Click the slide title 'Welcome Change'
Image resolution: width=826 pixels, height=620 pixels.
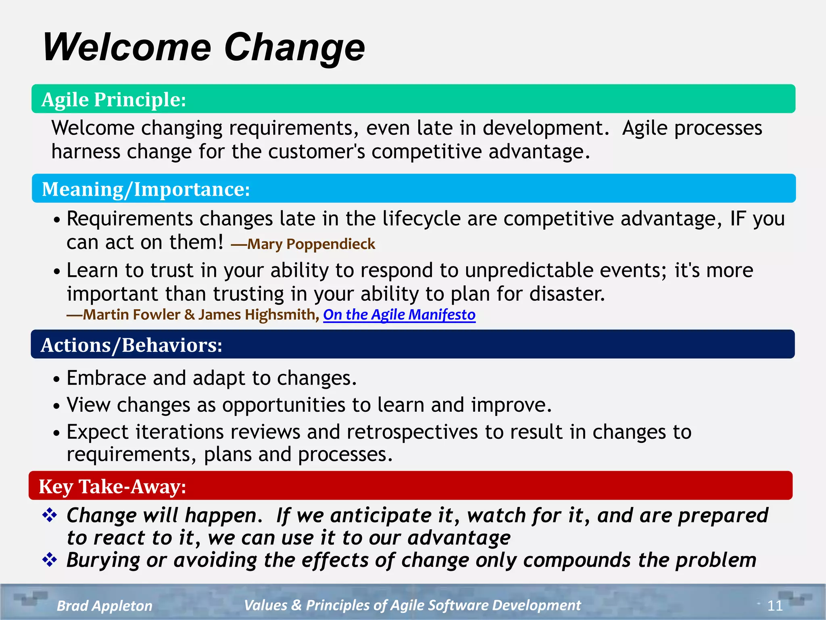204,48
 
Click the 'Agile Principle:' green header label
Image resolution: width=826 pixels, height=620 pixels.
114,99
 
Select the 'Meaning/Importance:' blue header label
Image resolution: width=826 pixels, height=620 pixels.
146,189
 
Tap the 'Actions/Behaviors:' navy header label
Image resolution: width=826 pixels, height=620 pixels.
131,345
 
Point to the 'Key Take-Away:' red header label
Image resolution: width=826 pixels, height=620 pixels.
113,486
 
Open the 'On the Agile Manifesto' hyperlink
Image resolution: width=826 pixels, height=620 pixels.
399,314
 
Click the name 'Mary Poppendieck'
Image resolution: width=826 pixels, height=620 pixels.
311,244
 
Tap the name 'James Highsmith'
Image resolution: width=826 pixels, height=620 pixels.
257,314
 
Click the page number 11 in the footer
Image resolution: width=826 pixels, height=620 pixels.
775,605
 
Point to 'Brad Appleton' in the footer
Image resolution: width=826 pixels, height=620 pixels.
104,605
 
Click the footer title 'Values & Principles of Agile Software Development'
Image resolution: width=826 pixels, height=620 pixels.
412,605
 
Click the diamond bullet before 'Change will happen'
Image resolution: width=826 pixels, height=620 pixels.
50,515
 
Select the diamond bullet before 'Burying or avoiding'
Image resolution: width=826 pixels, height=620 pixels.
50,560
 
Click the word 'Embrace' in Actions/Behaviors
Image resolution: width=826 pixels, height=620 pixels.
106,378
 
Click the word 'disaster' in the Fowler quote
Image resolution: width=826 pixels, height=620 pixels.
567,294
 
